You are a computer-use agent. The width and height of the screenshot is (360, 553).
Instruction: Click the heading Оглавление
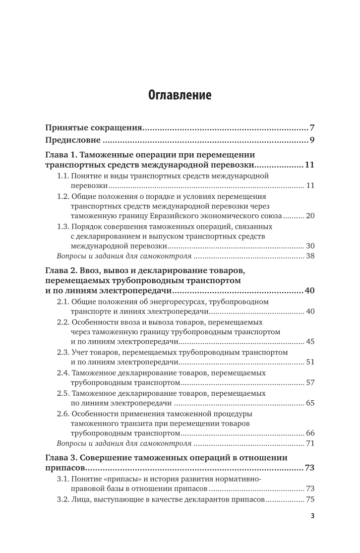pyautogui.click(x=180, y=95)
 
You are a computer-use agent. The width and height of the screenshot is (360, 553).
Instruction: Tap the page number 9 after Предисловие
pyautogui.click(x=312, y=140)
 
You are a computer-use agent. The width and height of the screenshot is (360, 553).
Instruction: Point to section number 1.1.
pyautogui.click(x=63, y=176)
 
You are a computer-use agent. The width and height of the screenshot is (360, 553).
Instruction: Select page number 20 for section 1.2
pyautogui.click(x=310, y=216)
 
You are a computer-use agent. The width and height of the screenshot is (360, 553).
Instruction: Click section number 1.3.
pyautogui.click(x=63, y=226)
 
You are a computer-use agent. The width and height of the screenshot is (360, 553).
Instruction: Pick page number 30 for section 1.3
pyautogui.click(x=310, y=246)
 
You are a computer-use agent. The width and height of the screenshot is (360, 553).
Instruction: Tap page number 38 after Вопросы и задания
pyautogui.click(x=310, y=256)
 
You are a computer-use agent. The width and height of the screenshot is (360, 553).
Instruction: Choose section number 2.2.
pyautogui.click(x=64, y=322)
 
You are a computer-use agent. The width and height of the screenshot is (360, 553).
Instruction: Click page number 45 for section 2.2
pyautogui.click(x=310, y=342)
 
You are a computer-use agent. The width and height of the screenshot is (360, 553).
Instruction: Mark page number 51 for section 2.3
pyautogui.click(x=310, y=362)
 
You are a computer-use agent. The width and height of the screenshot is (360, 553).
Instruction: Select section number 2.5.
pyautogui.click(x=64, y=393)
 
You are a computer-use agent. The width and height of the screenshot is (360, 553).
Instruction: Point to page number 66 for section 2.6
pyautogui.click(x=310, y=433)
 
